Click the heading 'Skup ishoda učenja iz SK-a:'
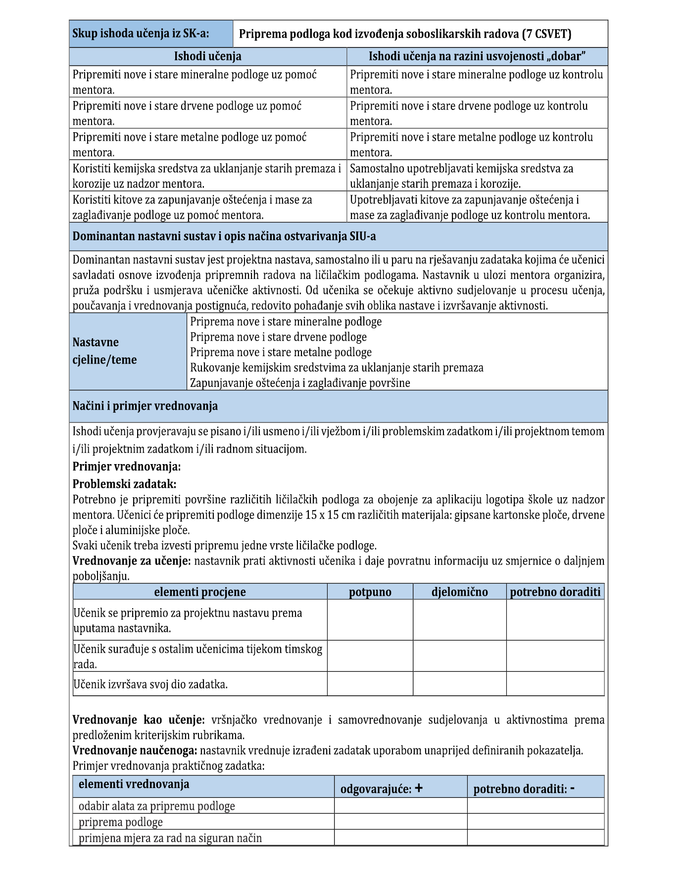(141, 34)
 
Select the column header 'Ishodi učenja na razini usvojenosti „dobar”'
(477, 56)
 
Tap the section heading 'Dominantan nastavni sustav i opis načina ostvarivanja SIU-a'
(224, 236)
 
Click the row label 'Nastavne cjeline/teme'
(104, 351)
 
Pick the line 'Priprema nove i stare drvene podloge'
(278, 337)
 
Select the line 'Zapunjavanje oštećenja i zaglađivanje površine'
(300, 383)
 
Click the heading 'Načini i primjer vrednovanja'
(145, 406)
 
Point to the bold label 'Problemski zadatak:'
(124, 484)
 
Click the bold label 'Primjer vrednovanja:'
(127, 467)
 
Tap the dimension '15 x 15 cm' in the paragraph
(331, 515)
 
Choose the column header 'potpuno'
(370, 592)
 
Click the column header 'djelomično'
(459, 592)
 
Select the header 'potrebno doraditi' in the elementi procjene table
(555, 592)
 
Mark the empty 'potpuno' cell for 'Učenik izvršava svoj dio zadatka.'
(370, 684)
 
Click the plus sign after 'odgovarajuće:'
(419, 788)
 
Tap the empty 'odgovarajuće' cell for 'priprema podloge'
(400, 822)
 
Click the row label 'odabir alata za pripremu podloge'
(156, 806)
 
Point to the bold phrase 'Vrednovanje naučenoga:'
(135, 750)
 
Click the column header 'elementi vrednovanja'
(134, 784)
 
